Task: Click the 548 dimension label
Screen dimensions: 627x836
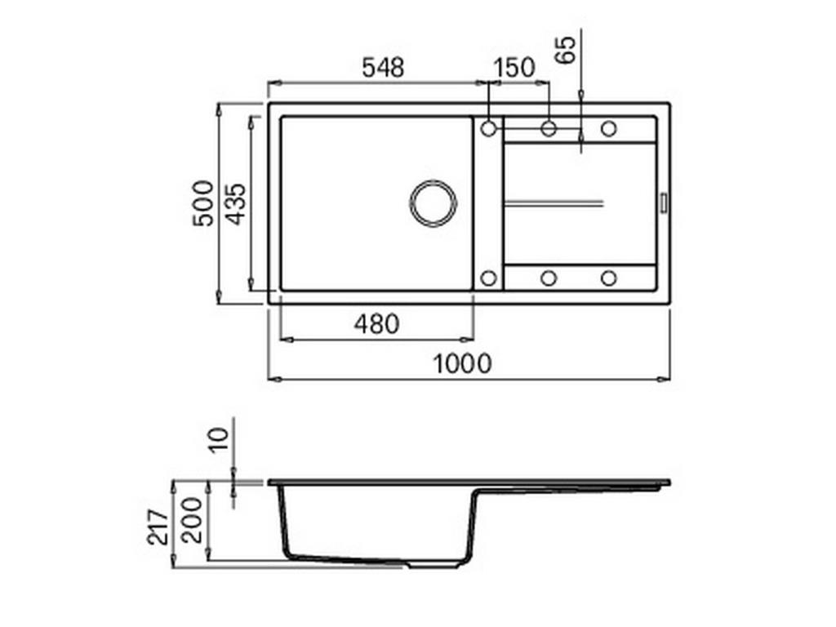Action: tap(383, 68)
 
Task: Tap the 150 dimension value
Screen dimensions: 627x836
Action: tap(514, 68)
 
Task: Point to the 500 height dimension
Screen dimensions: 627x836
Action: tap(203, 202)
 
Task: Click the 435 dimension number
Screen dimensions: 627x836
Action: tap(235, 202)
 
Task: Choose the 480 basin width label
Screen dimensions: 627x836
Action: tap(376, 324)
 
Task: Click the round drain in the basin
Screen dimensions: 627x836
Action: tap(434, 202)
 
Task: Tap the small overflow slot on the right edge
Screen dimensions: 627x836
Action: tap(663, 202)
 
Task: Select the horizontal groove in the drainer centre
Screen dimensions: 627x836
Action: tap(554, 202)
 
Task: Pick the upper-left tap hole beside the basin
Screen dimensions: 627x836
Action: tap(489, 128)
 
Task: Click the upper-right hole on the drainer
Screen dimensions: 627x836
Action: tap(608, 128)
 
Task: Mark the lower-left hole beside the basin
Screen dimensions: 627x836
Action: tap(488, 278)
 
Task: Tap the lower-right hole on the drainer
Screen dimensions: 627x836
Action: tap(608, 278)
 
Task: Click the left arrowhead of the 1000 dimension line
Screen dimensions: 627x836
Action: tap(273, 379)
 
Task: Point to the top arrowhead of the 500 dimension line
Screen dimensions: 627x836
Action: tap(220, 107)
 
